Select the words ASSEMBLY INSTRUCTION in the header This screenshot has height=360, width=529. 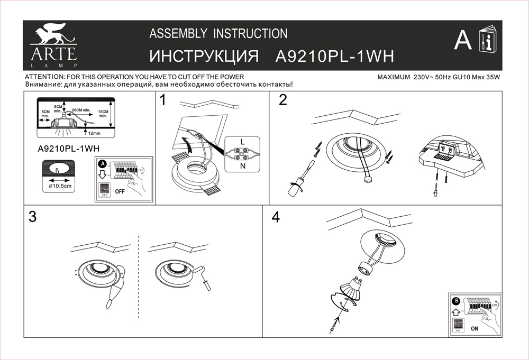218,34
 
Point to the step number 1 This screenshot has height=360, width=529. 163,100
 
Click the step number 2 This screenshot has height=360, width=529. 283,100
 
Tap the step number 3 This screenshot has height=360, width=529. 33,217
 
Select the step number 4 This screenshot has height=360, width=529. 275,217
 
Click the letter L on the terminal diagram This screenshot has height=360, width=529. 242,142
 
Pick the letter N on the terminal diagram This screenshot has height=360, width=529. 242,165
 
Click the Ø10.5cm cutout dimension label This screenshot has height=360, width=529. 59,186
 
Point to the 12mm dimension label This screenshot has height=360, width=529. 94,133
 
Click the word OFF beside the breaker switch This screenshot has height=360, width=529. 120,191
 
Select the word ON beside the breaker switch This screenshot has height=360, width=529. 474,328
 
